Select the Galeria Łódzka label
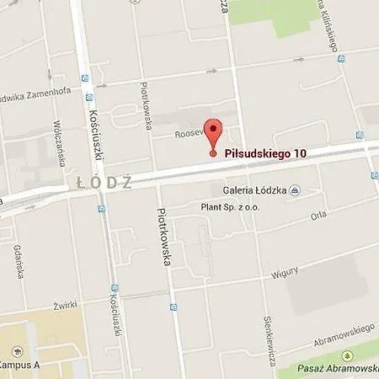pyautogui.click(x=253, y=190)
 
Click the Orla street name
pyautogui.click(x=318, y=214)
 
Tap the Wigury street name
pyautogui.click(x=284, y=272)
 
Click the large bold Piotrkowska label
pyautogui.click(x=165, y=238)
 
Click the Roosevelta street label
pyautogui.click(x=190, y=133)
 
